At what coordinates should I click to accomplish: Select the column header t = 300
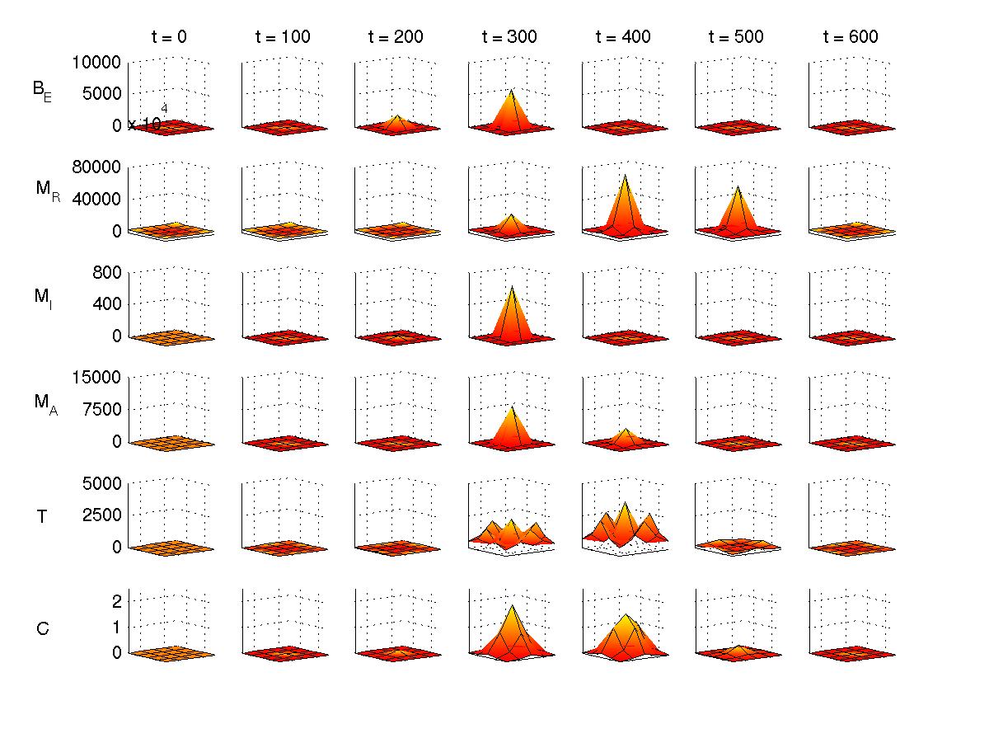(x=510, y=37)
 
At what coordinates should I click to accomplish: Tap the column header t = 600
(x=851, y=37)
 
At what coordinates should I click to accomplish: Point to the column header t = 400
(x=624, y=37)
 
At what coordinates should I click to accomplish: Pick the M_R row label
(x=47, y=190)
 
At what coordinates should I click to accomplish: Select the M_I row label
(x=44, y=297)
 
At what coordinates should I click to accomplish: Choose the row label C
(x=43, y=629)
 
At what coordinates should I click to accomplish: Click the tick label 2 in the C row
(x=116, y=601)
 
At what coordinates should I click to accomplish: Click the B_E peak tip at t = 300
(x=512, y=90)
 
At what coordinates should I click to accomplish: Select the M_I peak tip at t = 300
(x=512, y=286)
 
